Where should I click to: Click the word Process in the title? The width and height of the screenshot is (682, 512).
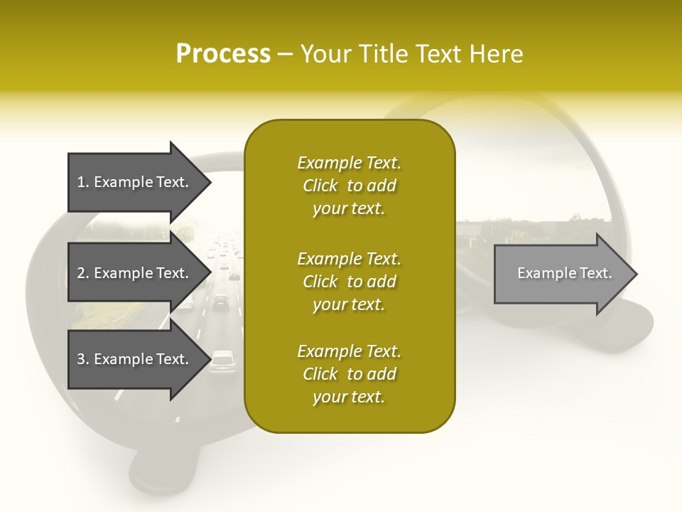(x=223, y=54)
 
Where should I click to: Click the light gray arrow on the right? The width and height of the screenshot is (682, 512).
(x=561, y=274)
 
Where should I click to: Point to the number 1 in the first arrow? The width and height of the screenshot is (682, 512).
(x=81, y=182)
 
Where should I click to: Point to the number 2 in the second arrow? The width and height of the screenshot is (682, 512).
(x=81, y=273)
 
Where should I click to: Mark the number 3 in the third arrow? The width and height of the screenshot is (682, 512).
(x=81, y=359)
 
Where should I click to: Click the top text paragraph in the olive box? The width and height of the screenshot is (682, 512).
(x=350, y=186)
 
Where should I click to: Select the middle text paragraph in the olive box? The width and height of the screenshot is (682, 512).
(x=350, y=282)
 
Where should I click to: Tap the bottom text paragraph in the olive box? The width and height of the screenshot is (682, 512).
(x=350, y=374)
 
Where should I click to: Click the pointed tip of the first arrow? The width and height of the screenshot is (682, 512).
(x=209, y=182)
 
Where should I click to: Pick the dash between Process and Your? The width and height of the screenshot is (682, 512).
(x=286, y=54)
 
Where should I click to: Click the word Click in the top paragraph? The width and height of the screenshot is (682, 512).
(x=320, y=186)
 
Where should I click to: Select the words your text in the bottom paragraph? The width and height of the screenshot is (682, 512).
(x=349, y=398)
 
